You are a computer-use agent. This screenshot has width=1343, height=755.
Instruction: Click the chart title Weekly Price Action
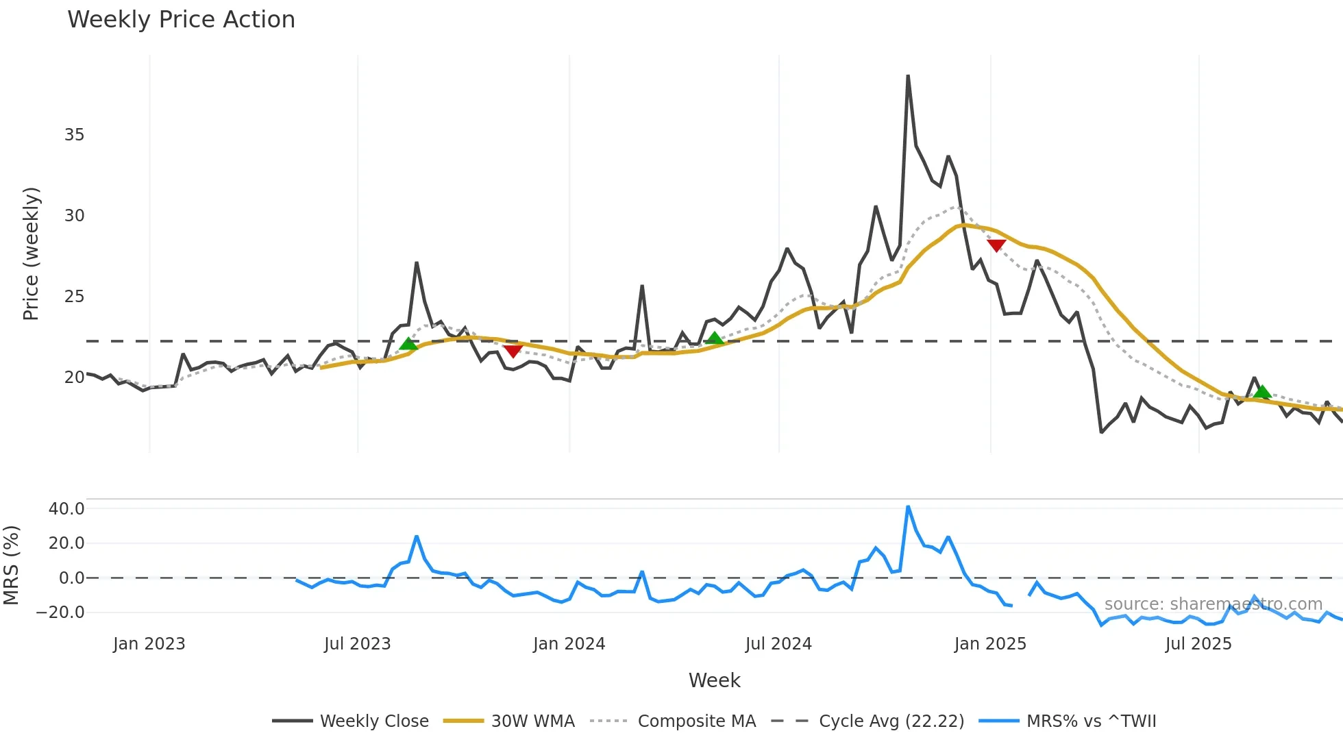tap(181, 20)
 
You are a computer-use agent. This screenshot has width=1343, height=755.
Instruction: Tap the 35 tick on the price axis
tap(74, 135)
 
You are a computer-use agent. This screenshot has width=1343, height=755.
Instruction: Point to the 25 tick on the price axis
tap(74, 297)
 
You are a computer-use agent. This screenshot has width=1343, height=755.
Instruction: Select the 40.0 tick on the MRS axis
tap(66, 509)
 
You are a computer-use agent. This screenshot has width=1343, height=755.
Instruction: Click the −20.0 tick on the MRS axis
tap(61, 612)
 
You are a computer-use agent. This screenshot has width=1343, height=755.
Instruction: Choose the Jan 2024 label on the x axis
tap(569, 644)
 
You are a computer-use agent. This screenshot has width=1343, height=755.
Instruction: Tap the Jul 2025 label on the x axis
tap(1198, 644)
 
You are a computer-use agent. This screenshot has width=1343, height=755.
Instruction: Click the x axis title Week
tap(714, 680)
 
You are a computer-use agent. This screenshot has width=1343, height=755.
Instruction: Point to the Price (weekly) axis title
tap(31, 253)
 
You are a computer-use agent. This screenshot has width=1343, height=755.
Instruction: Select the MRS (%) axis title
tap(11, 565)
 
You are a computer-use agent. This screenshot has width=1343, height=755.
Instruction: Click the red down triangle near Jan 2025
tap(996, 245)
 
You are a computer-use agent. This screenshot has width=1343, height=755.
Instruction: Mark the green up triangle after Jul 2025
tap(1261, 392)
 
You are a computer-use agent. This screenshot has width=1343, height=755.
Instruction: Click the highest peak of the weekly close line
tap(908, 76)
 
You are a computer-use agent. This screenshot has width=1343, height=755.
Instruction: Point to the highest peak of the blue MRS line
tap(908, 507)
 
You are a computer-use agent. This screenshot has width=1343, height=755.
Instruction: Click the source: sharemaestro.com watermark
tap(1213, 604)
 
